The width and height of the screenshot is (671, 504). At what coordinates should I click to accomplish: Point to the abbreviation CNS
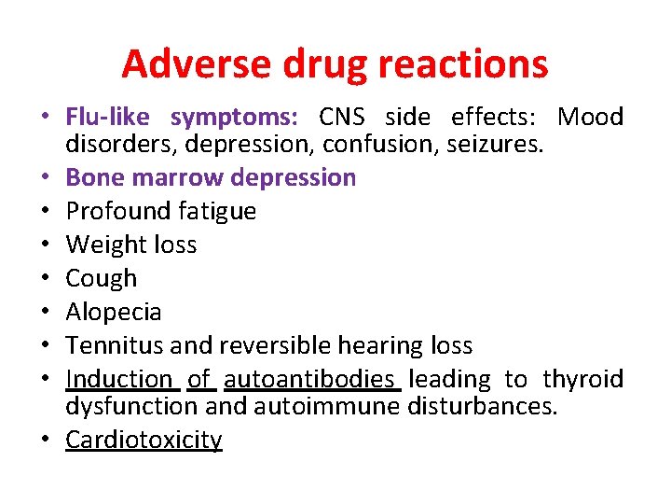(x=341, y=117)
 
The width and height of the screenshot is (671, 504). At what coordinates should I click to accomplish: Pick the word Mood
(x=590, y=117)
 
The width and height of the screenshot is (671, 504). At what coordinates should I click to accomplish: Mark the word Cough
(x=102, y=278)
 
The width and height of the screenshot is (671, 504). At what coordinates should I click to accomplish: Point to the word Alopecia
(x=114, y=312)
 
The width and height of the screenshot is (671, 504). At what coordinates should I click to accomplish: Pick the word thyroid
(x=582, y=379)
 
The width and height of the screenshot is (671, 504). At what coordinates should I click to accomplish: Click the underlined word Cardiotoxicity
(x=144, y=440)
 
